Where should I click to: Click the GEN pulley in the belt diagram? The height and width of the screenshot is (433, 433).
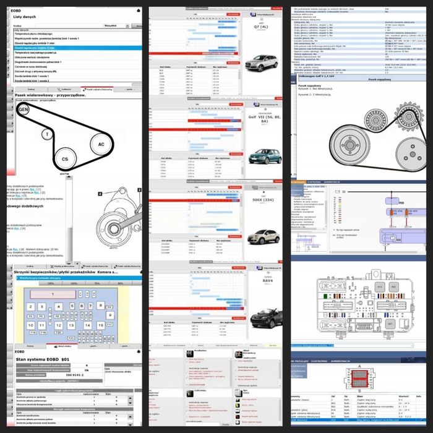tap(24, 110)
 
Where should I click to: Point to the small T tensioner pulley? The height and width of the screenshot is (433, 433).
tap(45, 134)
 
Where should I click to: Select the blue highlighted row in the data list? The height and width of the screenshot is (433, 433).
tap(68, 47)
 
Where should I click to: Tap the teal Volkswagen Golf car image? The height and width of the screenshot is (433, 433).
tap(264, 156)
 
